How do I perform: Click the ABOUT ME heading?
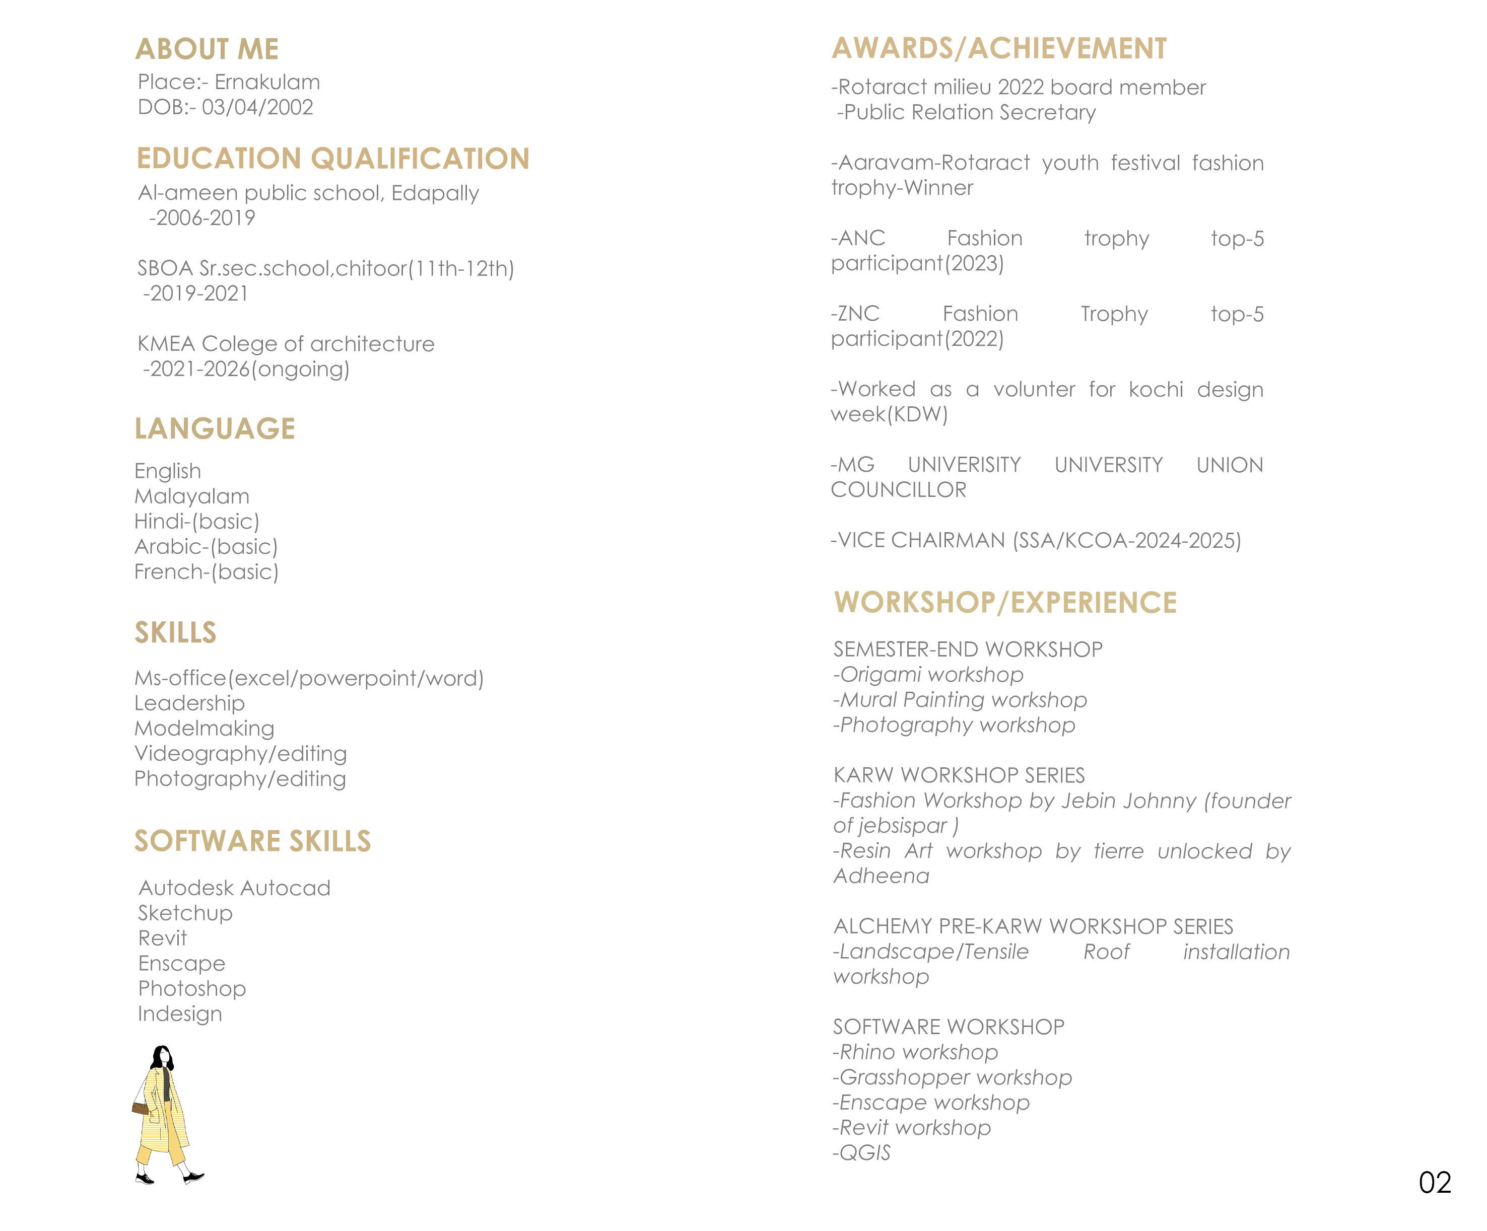(x=207, y=49)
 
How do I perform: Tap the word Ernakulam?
(x=267, y=82)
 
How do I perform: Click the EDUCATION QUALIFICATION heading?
(x=333, y=159)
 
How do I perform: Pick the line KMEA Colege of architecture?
(x=286, y=344)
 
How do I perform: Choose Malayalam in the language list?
(x=192, y=496)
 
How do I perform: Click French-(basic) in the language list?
(x=206, y=572)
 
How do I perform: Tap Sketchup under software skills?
(x=185, y=913)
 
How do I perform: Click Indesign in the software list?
(x=180, y=1013)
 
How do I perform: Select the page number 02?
(x=1435, y=1183)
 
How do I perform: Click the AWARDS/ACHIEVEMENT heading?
(x=998, y=48)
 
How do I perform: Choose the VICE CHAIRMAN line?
(x=1035, y=541)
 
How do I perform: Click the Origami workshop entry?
(x=928, y=675)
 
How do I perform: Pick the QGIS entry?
(x=862, y=1153)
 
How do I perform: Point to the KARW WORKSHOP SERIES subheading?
(x=959, y=775)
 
